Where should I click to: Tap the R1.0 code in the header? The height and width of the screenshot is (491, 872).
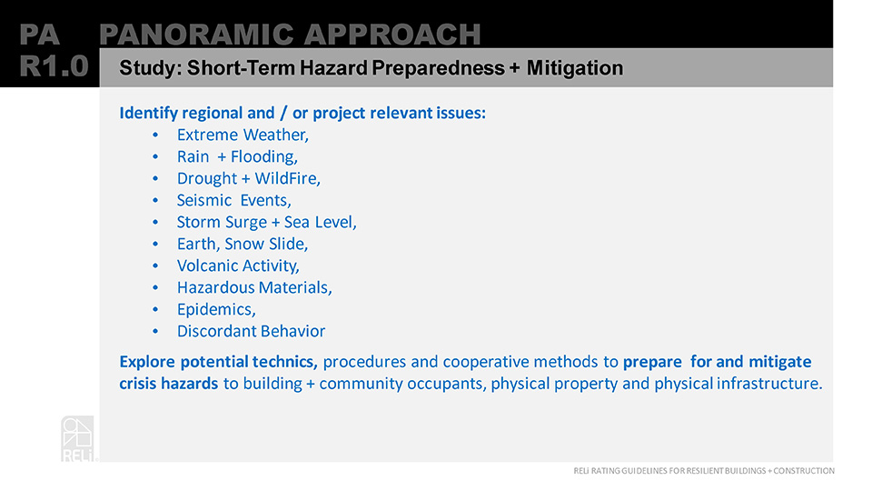pos(54,66)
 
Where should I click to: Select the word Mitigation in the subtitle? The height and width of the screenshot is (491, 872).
pos(574,68)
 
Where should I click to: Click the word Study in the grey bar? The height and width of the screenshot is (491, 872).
pos(151,68)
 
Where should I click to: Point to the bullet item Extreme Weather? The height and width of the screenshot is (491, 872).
pos(243,135)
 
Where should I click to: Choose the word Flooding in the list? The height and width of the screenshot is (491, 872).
pos(264,157)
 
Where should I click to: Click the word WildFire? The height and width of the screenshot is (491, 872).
pos(288,178)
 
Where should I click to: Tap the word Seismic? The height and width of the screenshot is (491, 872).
pos(204,200)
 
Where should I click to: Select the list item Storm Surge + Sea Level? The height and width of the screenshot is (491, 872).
pos(266,222)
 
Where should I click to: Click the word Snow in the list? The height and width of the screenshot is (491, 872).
pos(244,244)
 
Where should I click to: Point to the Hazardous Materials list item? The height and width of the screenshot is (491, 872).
pos(254,287)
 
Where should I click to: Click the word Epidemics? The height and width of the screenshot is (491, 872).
pos(216,309)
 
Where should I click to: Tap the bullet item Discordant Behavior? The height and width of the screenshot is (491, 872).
pos(251,331)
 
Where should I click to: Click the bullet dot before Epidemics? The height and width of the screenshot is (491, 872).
pos(155,309)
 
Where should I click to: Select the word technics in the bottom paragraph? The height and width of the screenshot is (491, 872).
pos(284,362)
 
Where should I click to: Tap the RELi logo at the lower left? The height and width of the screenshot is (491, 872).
pos(78,438)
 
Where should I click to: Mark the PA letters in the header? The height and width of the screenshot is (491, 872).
pos(39,35)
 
